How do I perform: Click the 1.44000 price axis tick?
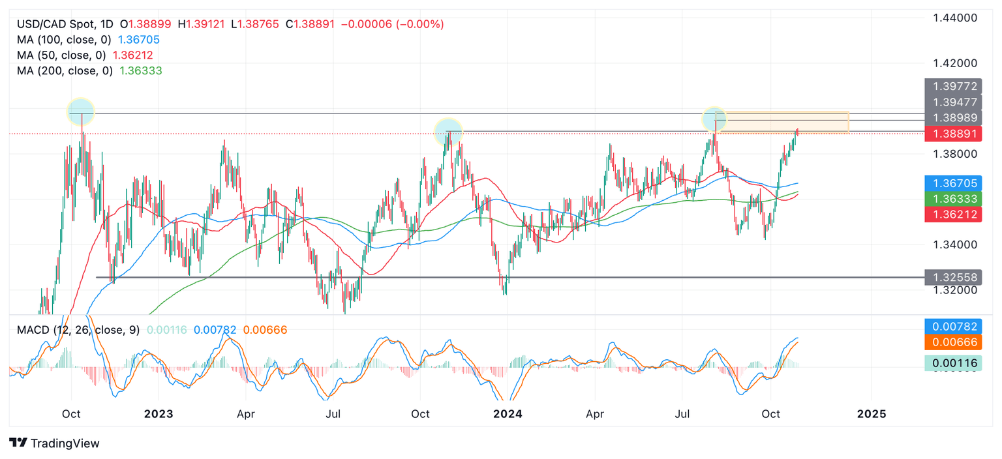point(955,18)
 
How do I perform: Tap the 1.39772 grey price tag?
point(954,86)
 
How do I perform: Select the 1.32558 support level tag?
point(954,277)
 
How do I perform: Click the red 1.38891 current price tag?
point(954,134)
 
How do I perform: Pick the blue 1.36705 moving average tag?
point(954,183)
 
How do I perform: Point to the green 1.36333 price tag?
point(954,199)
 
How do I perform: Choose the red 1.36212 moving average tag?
point(954,214)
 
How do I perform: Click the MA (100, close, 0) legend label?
point(65,40)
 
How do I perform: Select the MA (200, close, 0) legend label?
point(65,70)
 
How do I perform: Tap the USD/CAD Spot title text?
point(55,24)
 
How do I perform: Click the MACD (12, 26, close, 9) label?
point(78,330)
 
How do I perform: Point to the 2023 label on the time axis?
point(159,414)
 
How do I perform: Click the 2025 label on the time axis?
point(871,414)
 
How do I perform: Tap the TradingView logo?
point(55,443)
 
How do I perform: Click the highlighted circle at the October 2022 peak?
point(82,111)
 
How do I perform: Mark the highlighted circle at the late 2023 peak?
point(448,131)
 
